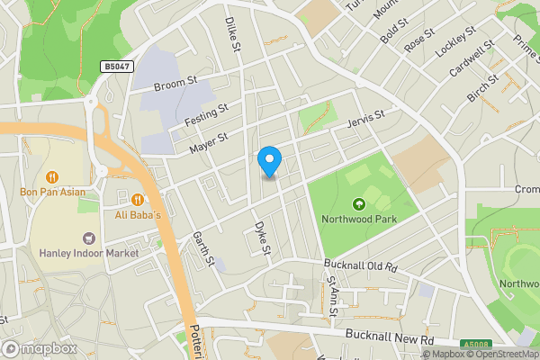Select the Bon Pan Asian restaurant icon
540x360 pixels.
pos(52,176)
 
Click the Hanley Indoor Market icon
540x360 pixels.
pos(88,238)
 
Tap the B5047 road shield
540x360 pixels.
pos(113,67)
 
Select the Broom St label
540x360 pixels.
pos(175,85)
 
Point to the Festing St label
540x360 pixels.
pos(206,115)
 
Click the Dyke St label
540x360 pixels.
pos(262,238)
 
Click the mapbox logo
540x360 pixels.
pos(38,348)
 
